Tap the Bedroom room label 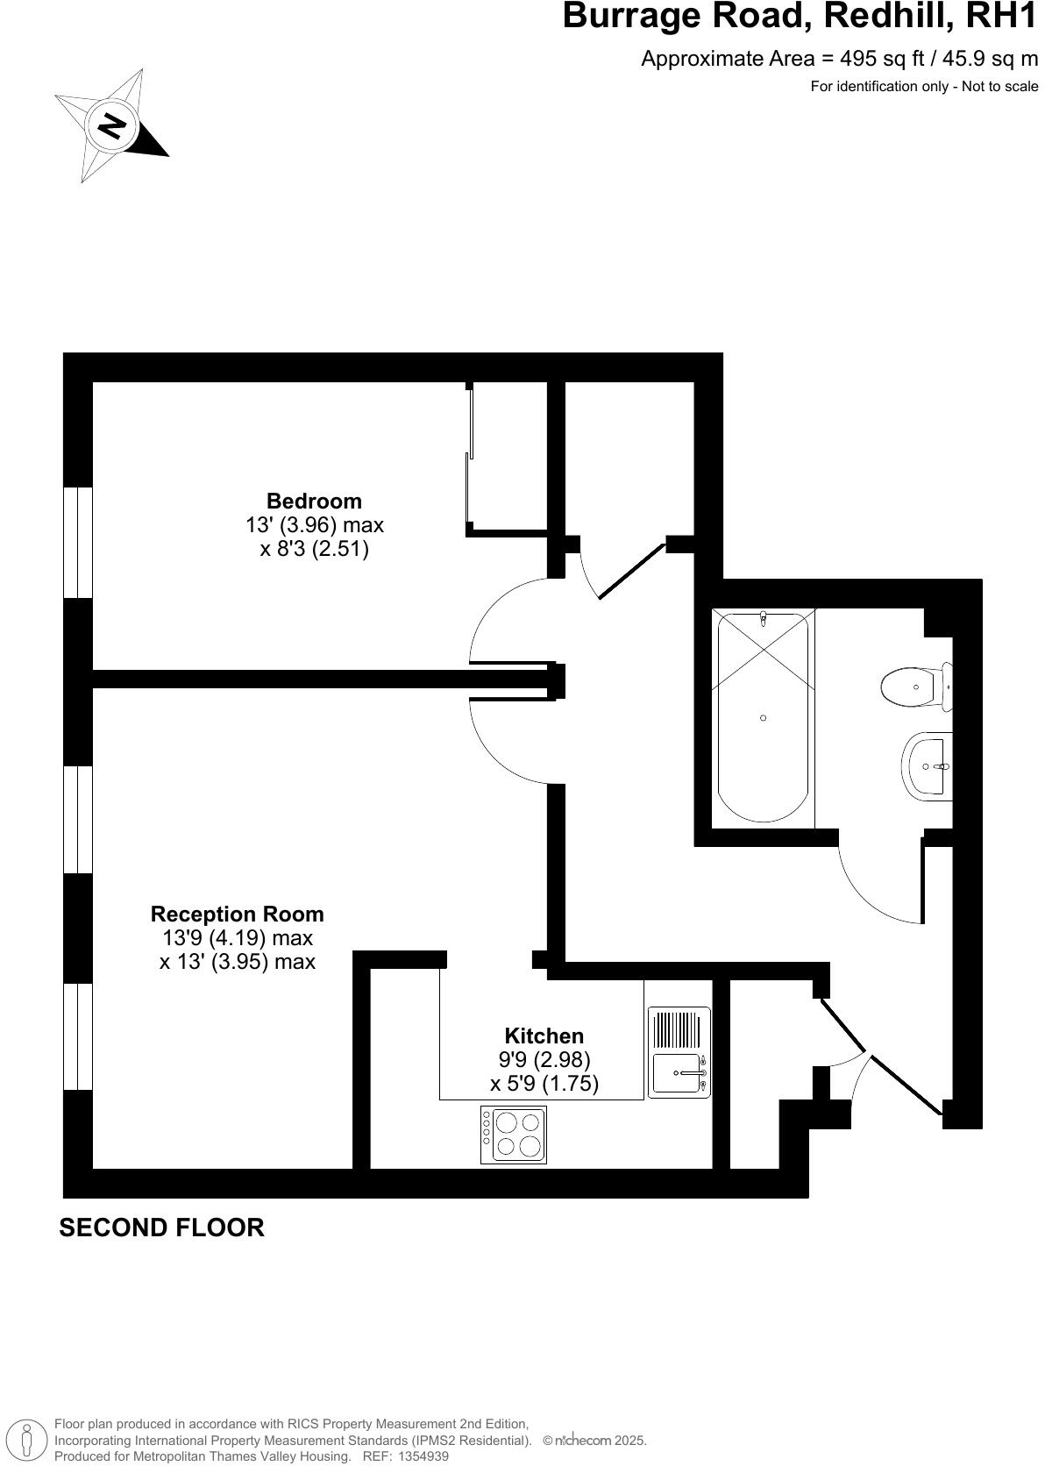point(314,501)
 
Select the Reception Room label point(237,914)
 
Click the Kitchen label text point(544,1035)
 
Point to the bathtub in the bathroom point(763,716)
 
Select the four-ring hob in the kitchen point(513,1134)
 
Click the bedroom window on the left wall point(78,542)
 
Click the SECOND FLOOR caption point(161,1228)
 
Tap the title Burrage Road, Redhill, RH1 point(800,17)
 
